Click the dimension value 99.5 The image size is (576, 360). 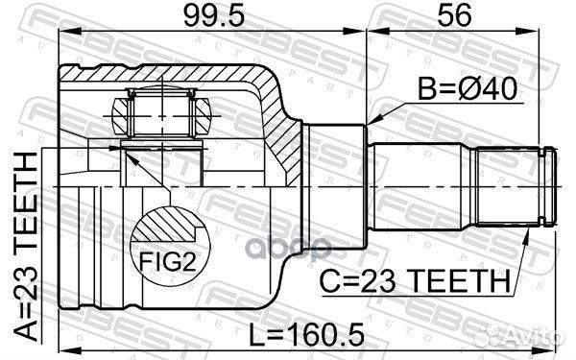pos(200,18)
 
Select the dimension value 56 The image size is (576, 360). pos(454,18)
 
